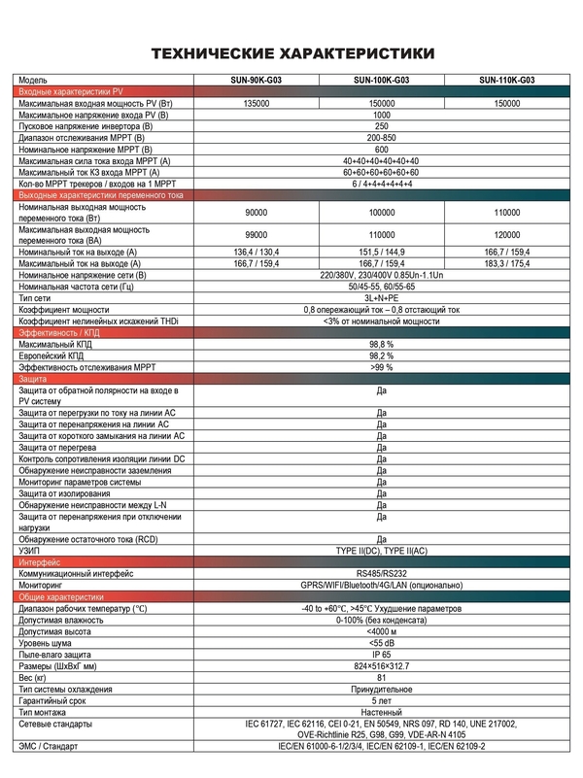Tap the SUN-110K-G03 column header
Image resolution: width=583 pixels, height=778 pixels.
[506, 80]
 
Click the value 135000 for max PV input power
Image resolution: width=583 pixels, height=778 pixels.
[257, 103]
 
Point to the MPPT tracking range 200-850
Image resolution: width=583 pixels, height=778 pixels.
[381, 138]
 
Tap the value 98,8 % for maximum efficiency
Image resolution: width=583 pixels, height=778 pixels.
[381, 344]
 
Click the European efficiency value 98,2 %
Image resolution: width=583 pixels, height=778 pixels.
[381, 355]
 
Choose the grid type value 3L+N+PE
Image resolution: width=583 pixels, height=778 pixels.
[381, 298]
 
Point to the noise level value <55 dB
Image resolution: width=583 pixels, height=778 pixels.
[381, 643]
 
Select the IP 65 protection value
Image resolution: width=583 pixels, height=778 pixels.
[381, 655]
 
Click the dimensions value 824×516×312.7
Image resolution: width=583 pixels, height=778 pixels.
[381, 666]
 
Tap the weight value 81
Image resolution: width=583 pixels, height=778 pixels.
[381, 678]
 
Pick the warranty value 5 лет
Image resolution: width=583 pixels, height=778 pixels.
[381, 701]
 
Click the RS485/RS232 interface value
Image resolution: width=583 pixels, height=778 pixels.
[381, 575]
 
